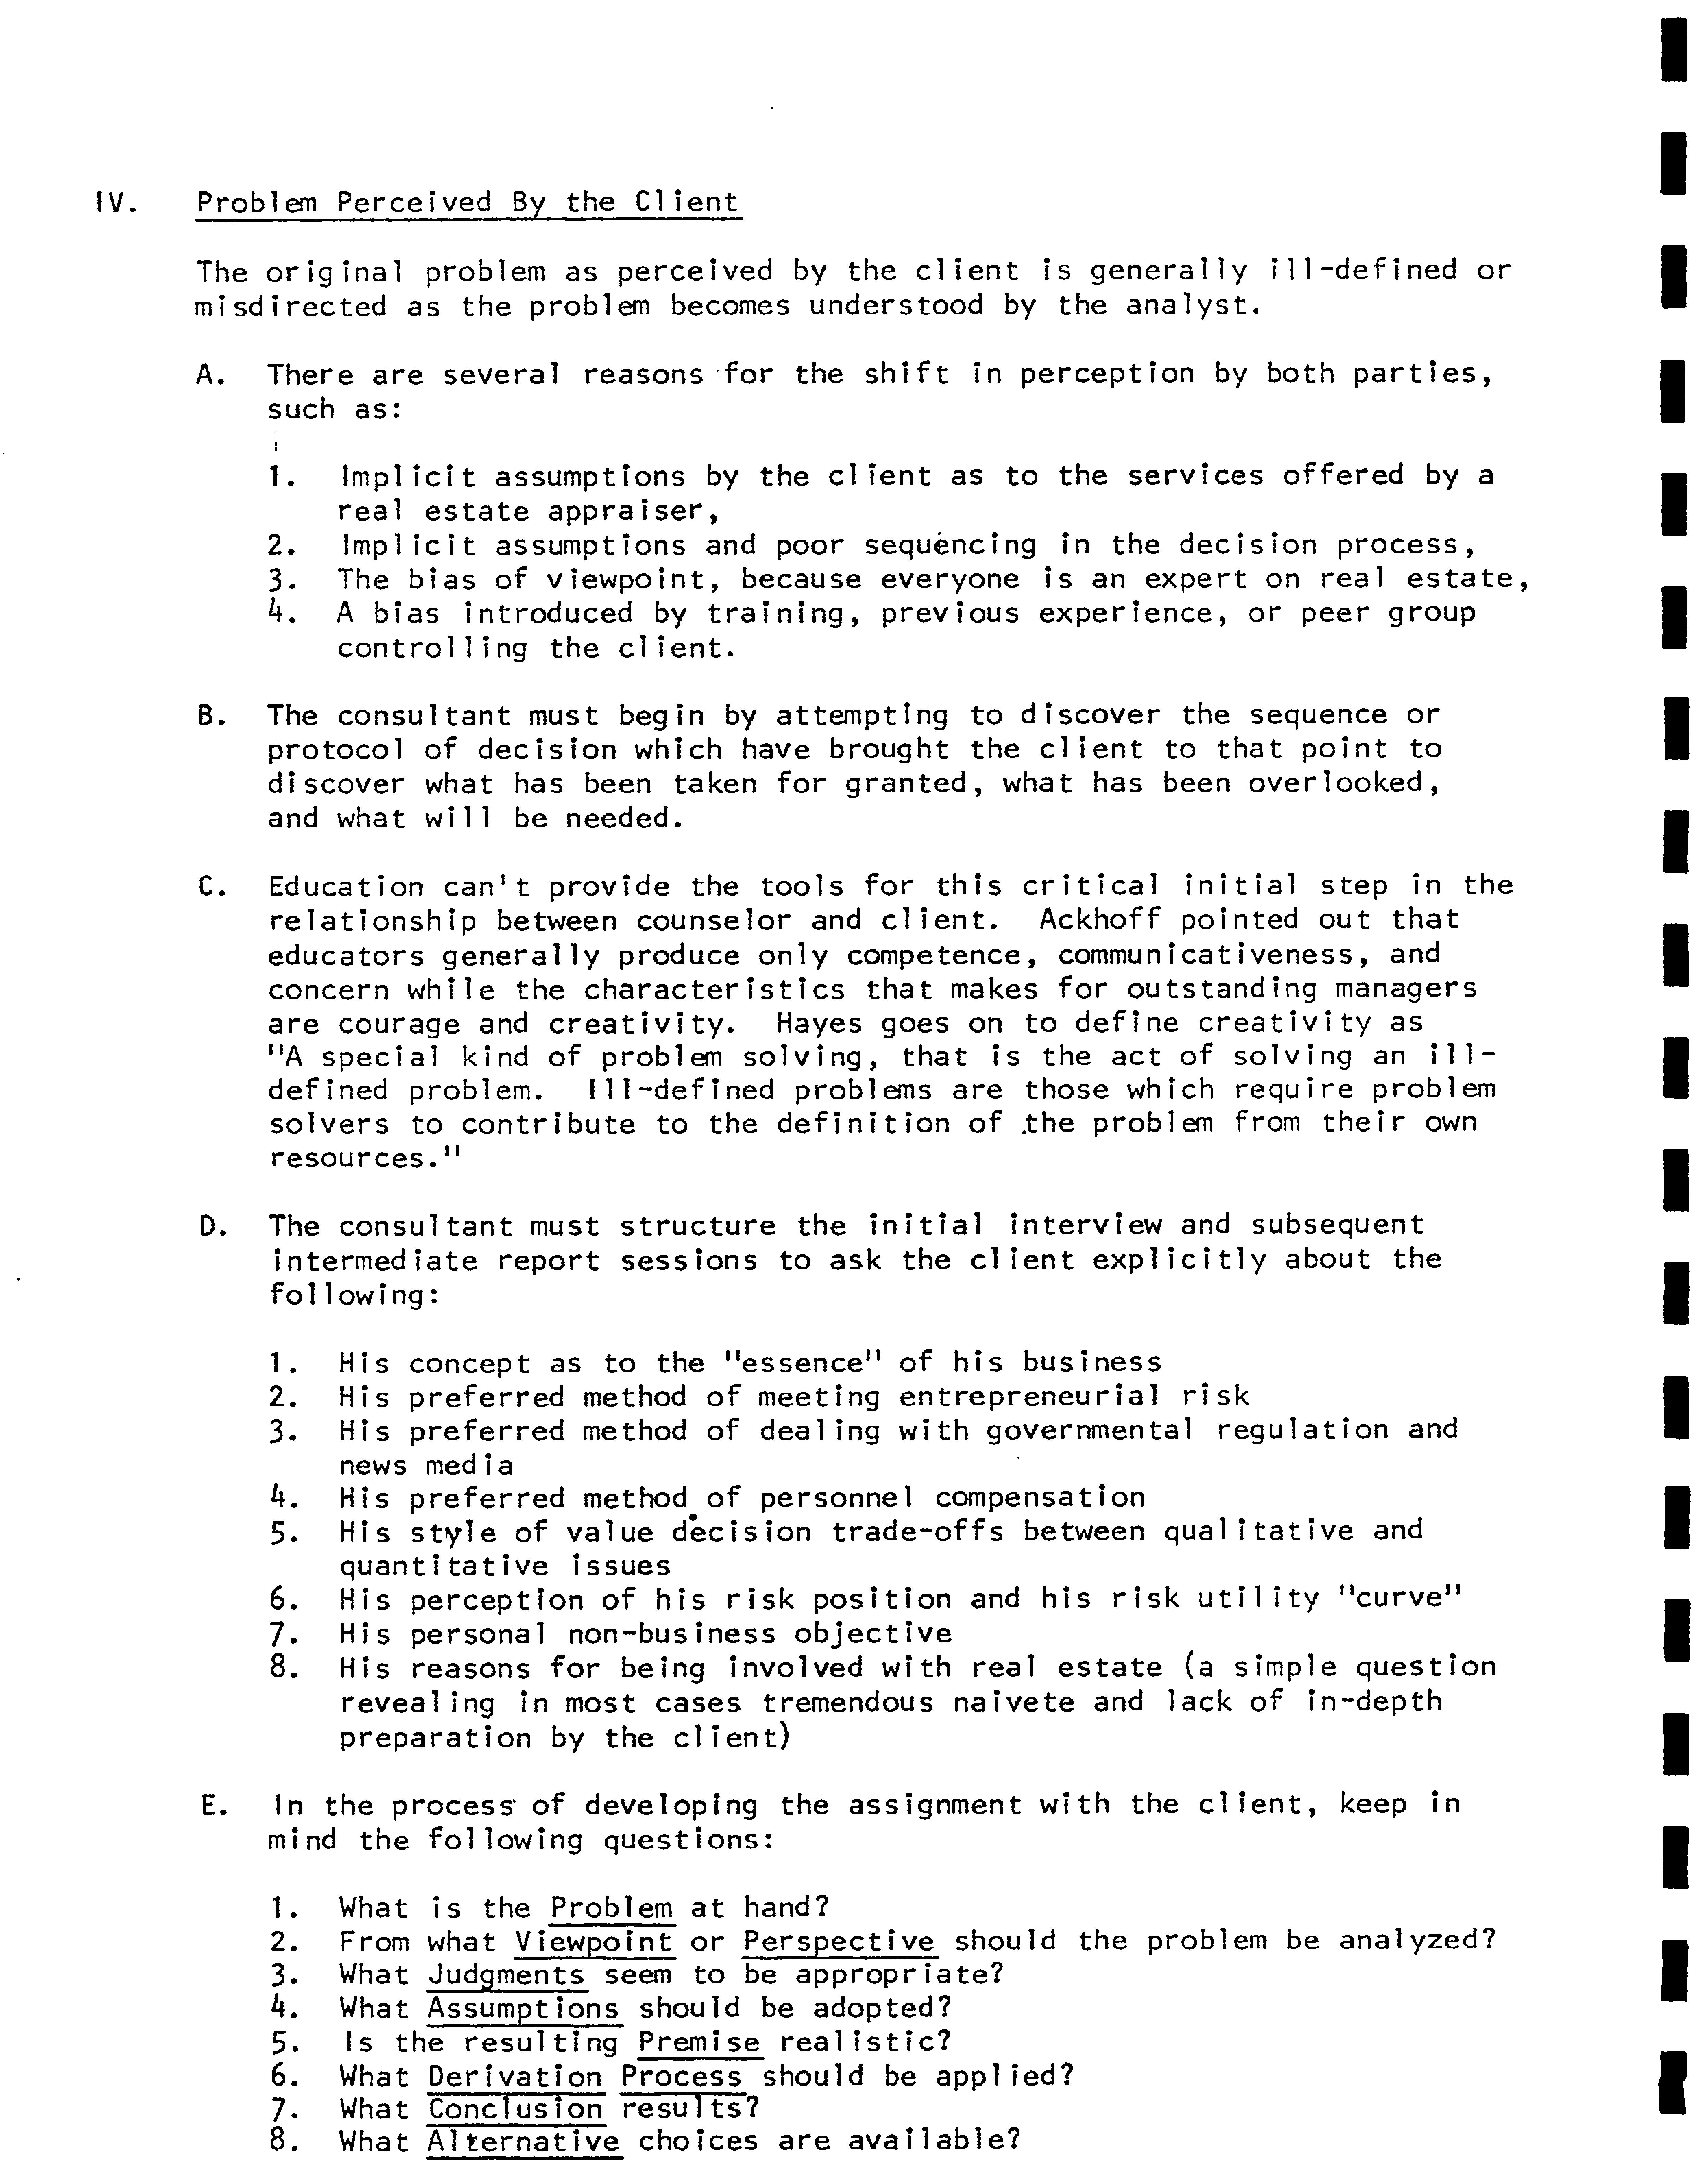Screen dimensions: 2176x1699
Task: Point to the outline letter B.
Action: coord(210,716)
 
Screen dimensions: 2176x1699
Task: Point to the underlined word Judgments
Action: coord(506,1975)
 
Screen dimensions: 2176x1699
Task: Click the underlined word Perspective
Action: coord(838,1941)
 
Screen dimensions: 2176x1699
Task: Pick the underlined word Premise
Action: coord(699,2042)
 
